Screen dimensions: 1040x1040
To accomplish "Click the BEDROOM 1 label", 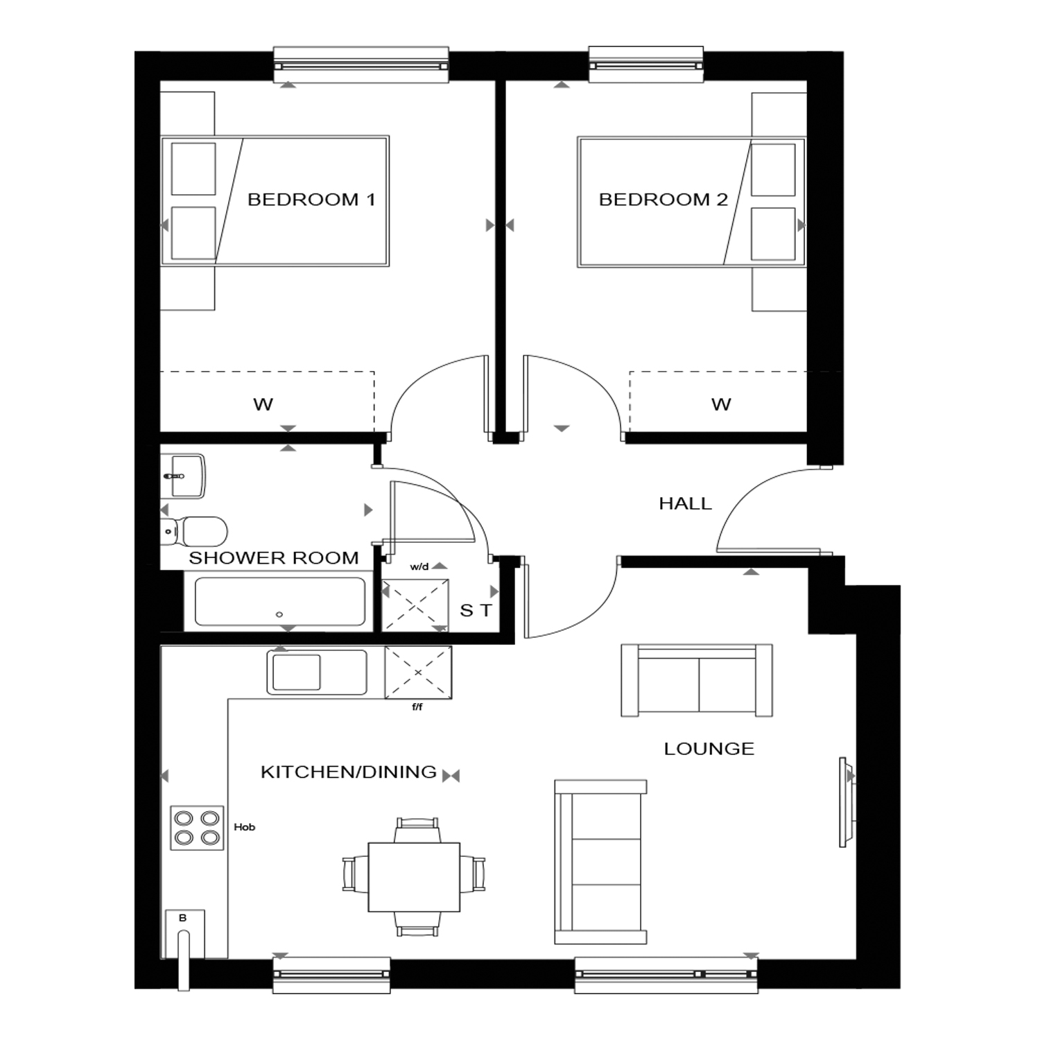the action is click(311, 200).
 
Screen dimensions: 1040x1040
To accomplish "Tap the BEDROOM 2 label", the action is click(664, 200).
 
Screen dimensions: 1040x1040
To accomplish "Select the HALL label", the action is click(685, 503).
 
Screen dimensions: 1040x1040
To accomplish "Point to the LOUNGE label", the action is click(709, 749).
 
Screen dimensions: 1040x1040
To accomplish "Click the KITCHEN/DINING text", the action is click(349, 772).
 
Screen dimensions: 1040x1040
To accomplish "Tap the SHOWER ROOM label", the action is click(274, 557).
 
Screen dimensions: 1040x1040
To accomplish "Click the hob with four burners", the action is click(198, 828).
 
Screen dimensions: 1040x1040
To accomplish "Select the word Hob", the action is click(244, 827).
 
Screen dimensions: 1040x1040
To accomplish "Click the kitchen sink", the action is click(317, 672).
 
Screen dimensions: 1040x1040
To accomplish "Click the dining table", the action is click(414, 877).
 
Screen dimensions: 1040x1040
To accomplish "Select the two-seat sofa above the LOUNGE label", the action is click(697, 680).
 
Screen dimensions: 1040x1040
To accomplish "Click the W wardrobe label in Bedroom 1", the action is click(263, 404).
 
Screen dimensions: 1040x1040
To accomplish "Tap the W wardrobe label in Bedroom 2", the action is click(721, 404).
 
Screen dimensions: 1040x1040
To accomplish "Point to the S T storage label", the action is click(476, 611).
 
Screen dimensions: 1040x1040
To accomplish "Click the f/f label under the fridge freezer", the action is click(417, 707).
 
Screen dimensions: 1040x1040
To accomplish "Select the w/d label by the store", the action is click(419, 567).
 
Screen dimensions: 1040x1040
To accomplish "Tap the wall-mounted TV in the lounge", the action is click(846, 802).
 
